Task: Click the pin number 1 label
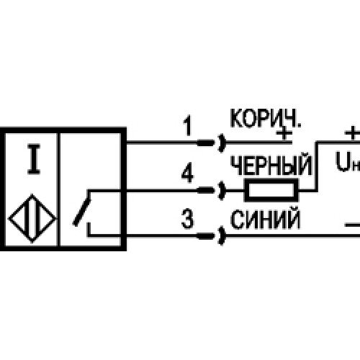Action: pos(187,125)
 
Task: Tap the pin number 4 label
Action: pos(187,172)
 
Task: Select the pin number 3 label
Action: pos(187,219)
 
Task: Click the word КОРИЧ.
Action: pos(266,118)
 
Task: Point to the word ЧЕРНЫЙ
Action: pos(271,165)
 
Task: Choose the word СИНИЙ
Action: pos(265,219)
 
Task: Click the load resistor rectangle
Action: pos(271,190)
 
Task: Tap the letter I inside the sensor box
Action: pos(34,159)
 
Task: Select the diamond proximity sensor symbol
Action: pos(32,219)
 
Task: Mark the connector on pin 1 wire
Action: pos(211,143)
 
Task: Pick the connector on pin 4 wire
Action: pos(211,191)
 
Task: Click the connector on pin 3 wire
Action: pos(211,236)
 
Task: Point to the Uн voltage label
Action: pos(348,161)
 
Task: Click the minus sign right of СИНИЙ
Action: pos(352,225)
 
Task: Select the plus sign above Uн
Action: pos(352,132)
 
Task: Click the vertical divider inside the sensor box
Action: pos(58,189)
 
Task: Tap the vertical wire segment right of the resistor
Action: pos(317,166)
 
